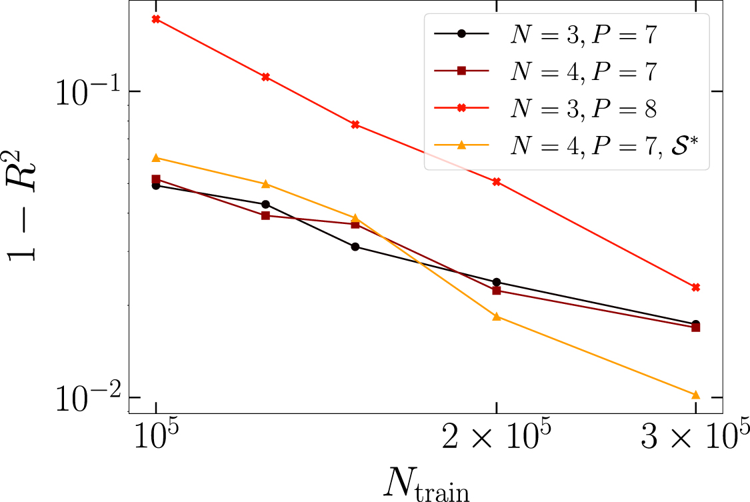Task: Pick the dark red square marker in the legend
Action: point(461,71)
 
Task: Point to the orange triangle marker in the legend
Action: point(461,144)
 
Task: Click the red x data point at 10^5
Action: point(156,19)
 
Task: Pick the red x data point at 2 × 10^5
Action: point(496,181)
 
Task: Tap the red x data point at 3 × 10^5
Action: point(696,287)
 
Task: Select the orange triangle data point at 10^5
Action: point(156,158)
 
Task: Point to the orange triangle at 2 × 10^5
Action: point(496,316)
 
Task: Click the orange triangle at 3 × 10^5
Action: point(696,395)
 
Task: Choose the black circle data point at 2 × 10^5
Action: point(496,282)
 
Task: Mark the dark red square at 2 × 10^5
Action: point(496,291)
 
